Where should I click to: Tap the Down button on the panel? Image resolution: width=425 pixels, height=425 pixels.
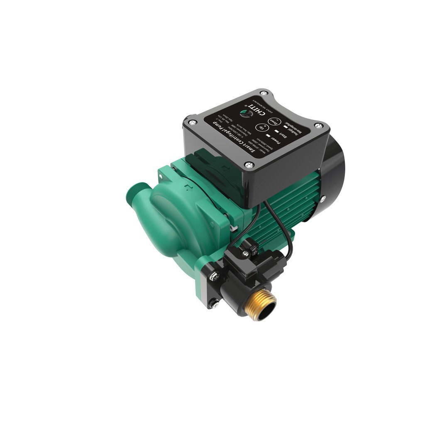coord(274,121)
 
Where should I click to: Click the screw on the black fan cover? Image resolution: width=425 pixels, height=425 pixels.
coord(323,199)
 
